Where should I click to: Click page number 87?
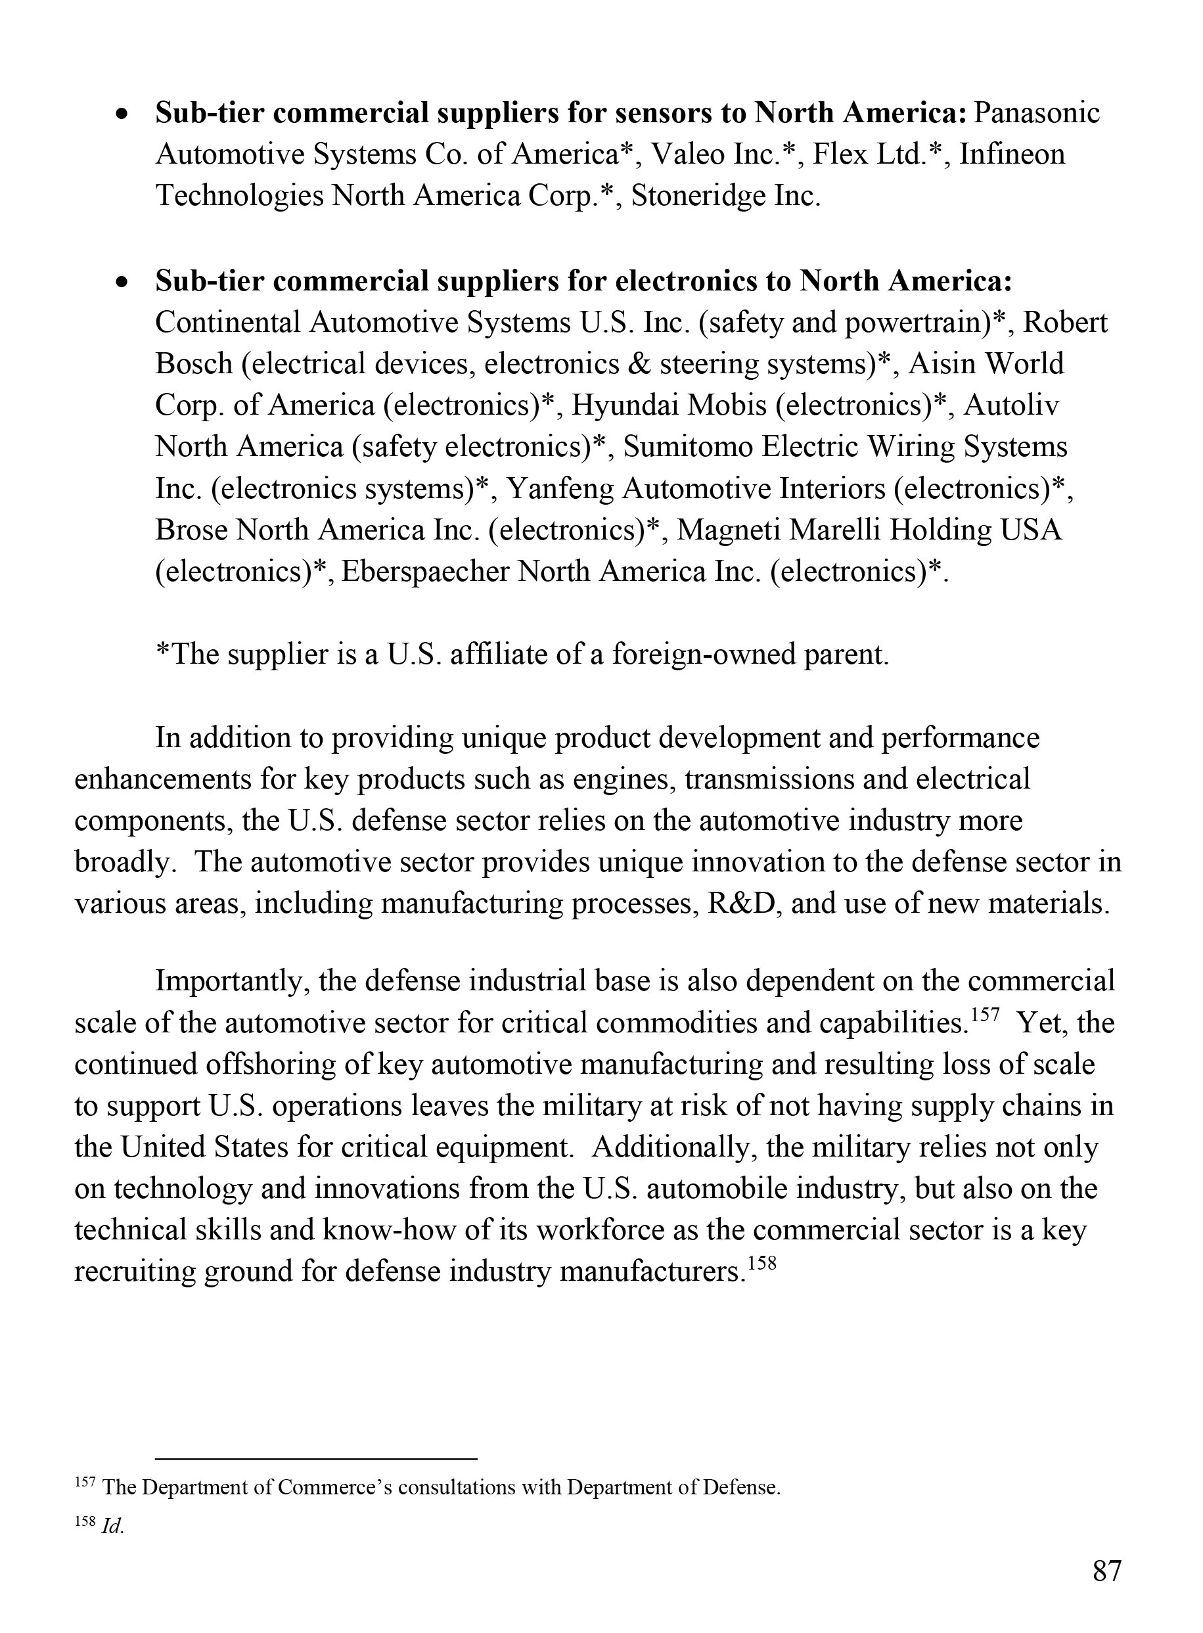1106,1572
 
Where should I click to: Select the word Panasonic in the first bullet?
1037,113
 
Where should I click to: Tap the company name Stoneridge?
699,196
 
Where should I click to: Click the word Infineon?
1012,154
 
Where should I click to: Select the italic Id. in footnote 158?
112,1527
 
